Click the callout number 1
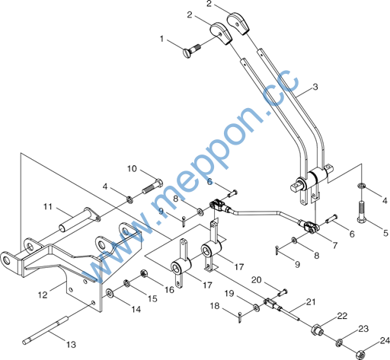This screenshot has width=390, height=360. pos(161,39)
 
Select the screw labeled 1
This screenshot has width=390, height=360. pos(191,50)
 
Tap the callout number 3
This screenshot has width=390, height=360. pos(315,87)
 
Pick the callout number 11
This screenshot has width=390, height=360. pos(48,207)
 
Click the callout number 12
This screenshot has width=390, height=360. pos(43,295)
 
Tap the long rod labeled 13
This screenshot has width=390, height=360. pos(46,330)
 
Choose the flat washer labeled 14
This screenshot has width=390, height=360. pos(110,293)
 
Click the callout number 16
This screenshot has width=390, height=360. pos(169,290)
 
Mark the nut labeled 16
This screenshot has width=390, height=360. pos(144,274)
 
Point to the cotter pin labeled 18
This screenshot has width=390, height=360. pos(240,317)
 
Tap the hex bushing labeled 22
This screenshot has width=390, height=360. pos(316,330)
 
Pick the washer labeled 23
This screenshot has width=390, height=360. pos(339,342)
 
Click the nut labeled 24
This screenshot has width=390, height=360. pos(360,354)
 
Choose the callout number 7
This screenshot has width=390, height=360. pos(335,245)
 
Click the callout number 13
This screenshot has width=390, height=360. pos(71,345)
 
